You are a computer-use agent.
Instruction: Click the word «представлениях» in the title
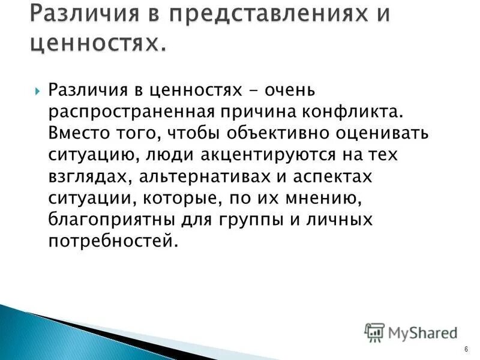[x=252, y=14]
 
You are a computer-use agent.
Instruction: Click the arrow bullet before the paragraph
[x=38, y=92]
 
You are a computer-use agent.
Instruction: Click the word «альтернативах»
[x=210, y=177]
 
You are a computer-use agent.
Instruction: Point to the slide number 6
[x=465, y=349]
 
